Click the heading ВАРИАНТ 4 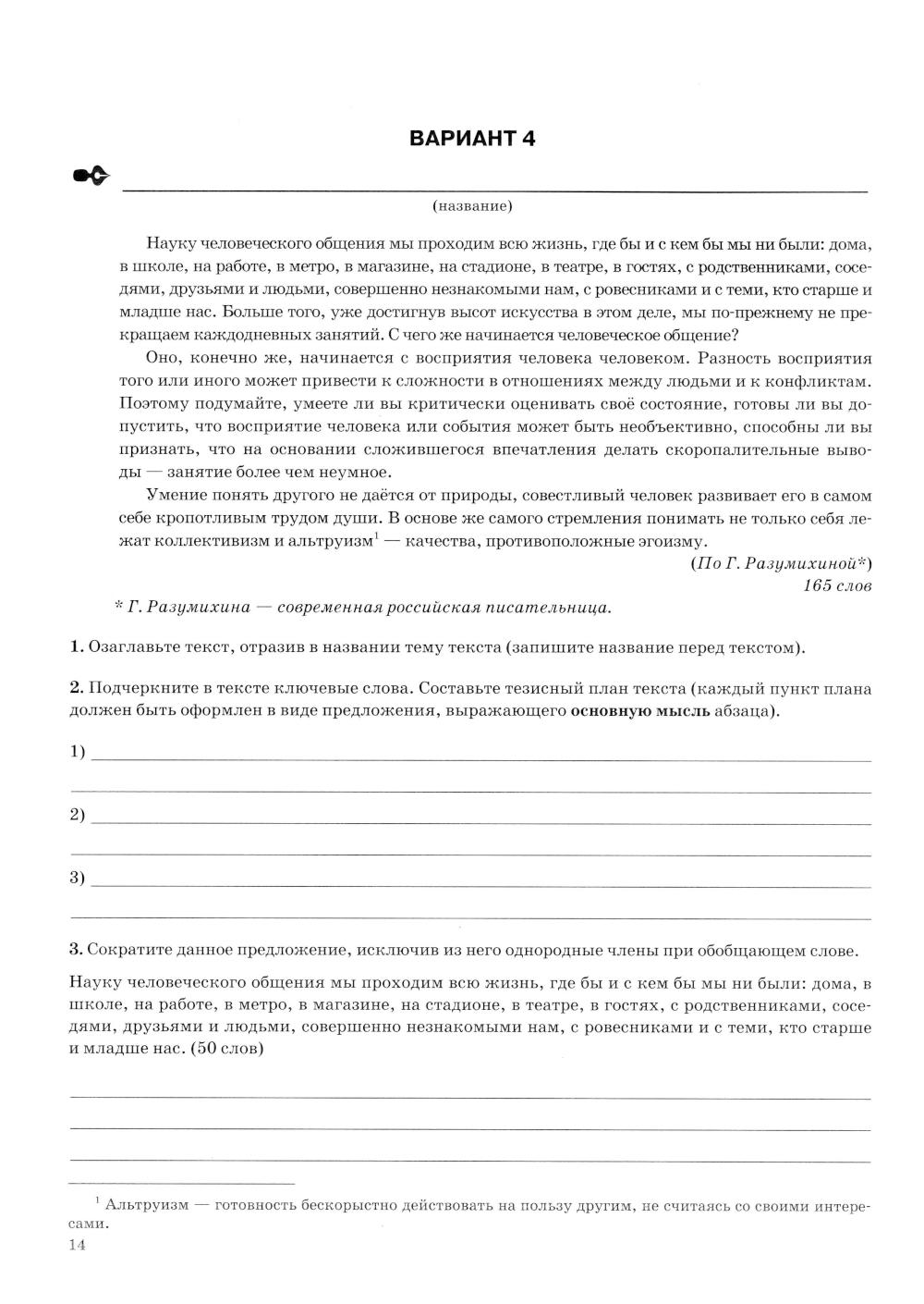[x=471, y=139]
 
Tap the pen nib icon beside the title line [x=91, y=176]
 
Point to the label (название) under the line [x=472, y=206]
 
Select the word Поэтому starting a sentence [x=151, y=403]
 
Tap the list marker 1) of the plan [x=78, y=752]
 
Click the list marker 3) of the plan [x=78, y=878]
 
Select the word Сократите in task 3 [x=128, y=950]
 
